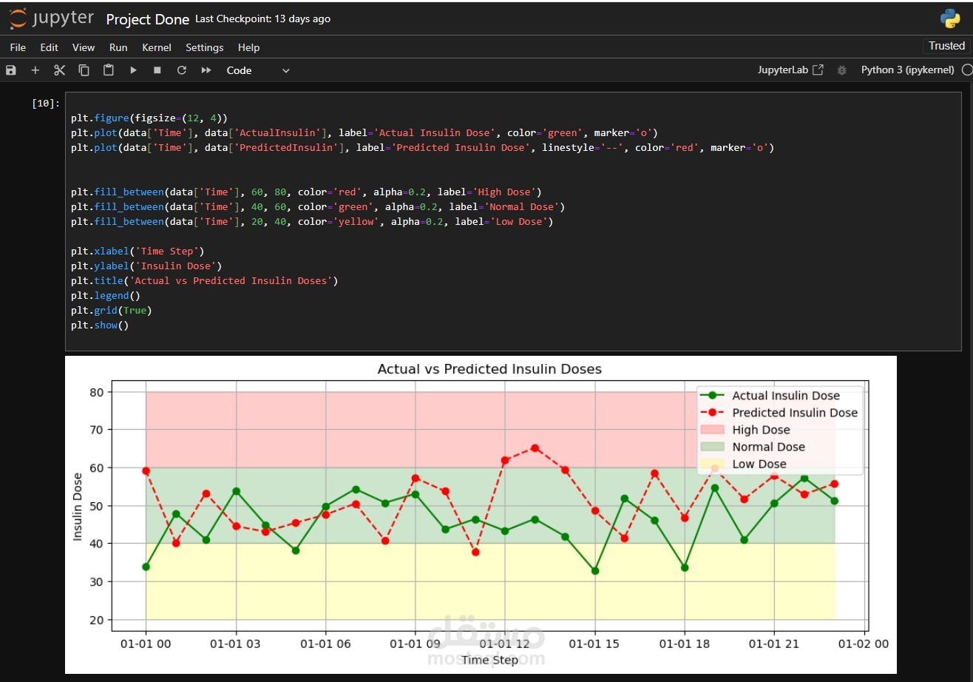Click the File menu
point(18,47)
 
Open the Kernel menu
point(157,47)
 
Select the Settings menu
point(204,47)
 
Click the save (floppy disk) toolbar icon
point(11,70)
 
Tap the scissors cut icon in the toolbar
point(60,70)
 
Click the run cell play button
point(133,70)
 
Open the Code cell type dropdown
point(257,70)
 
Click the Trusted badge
point(946,46)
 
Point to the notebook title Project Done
point(148,19)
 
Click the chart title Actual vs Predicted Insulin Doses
point(489,369)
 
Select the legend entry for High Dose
point(761,430)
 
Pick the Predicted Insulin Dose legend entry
point(794,413)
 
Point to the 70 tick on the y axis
point(96,430)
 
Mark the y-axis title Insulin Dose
point(78,506)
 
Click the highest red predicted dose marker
point(535,448)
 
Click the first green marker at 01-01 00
point(146,567)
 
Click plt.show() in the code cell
point(100,325)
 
